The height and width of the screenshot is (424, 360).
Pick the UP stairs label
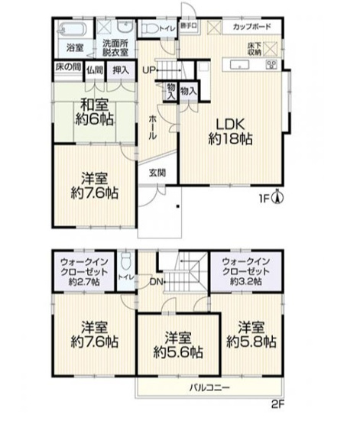click(x=149, y=70)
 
